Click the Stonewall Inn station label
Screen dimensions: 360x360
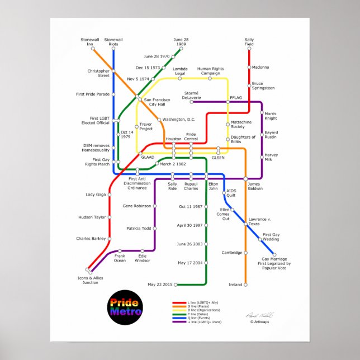click(x=89, y=42)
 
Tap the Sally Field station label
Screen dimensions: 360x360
click(x=249, y=42)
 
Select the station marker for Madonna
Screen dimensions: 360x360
click(x=249, y=67)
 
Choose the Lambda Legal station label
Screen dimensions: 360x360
click(x=179, y=71)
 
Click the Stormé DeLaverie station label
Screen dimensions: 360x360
click(x=191, y=95)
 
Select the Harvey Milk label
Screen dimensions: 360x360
click(x=271, y=157)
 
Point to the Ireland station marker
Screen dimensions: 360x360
click(x=245, y=285)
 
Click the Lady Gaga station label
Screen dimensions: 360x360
click(x=95, y=195)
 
